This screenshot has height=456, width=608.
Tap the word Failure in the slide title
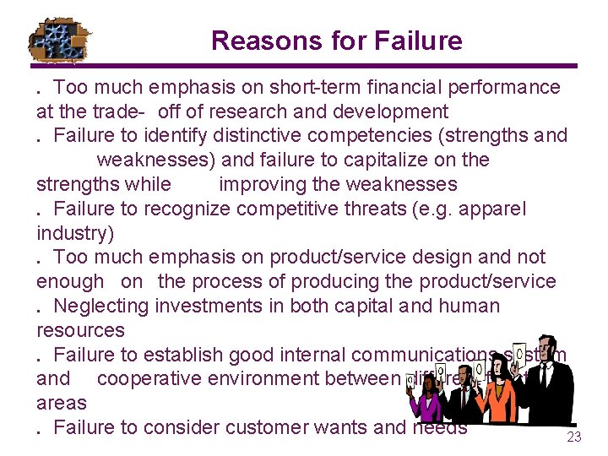pos(420,41)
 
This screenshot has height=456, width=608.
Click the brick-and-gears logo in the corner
pos(61,40)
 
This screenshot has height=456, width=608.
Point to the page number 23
pos(574,437)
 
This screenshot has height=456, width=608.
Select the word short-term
pos(301,87)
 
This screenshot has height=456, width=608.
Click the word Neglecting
pos(106,306)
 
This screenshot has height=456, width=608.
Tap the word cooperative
pos(149,379)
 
